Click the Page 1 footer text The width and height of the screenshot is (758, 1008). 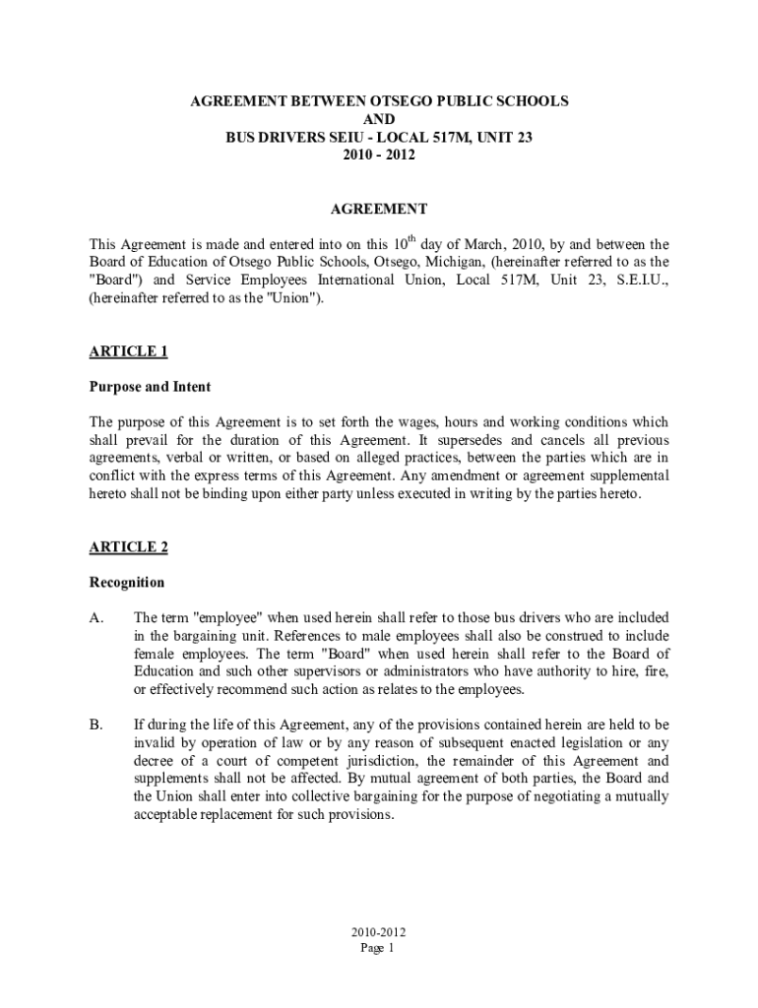pos(378,948)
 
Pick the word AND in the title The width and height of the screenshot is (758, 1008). pos(379,119)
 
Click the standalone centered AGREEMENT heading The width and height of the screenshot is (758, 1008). pos(379,209)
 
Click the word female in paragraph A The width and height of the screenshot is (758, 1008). pos(153,654)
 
